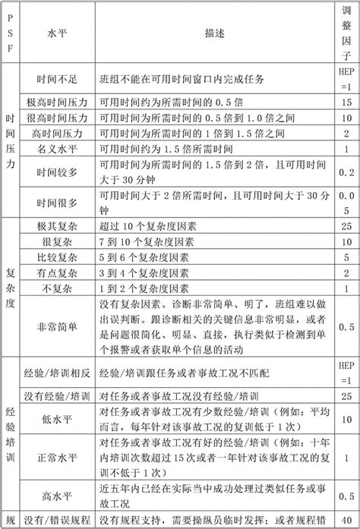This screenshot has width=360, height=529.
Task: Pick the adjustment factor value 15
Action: (346, 102)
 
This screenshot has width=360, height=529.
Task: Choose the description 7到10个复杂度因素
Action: (144, 243)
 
